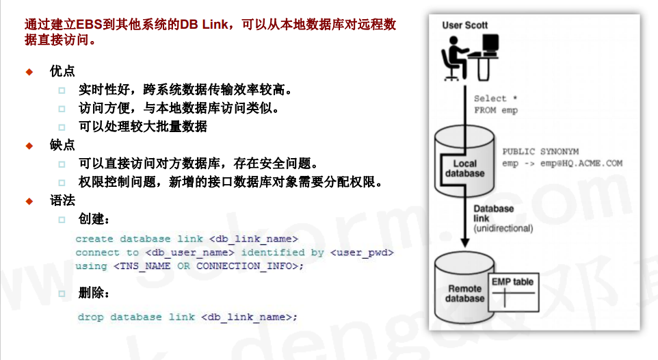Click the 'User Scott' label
(x=465, y=25)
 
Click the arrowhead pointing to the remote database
(x=465, y=244)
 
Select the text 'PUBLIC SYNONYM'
(x=540, y=151)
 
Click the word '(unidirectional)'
(x=503, y=228)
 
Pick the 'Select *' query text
(x=495, y=99)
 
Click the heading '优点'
(x=62, y=71)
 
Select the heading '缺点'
(x=62, y=145)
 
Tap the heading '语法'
(x=62, y=201)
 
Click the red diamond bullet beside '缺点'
(x=29, y=146)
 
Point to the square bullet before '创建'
(x=62, y=220)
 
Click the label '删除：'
(x=94, y=293)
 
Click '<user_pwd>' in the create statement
(x=362, y=253)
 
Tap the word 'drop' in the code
(x=90, y=317)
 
